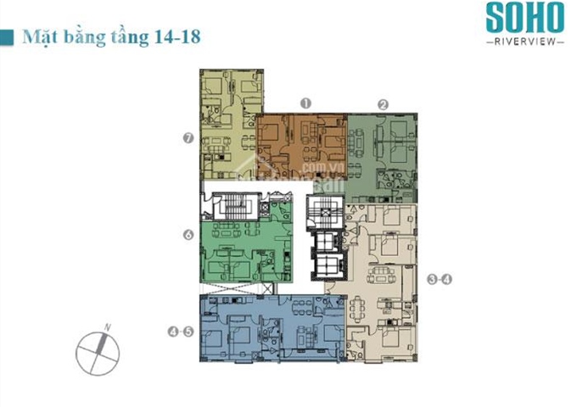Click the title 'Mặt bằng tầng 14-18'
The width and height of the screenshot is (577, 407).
(x=110, y=38)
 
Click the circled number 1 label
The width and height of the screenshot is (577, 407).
(x=305, y=103)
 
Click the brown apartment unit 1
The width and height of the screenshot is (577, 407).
(x=301, y=140)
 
